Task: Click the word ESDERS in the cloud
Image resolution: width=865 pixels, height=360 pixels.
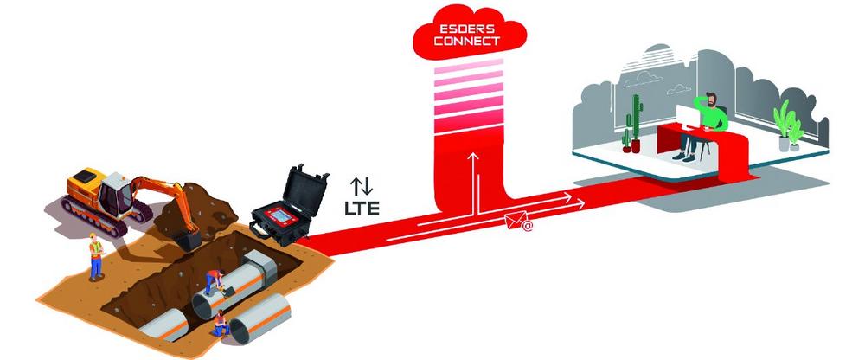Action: pos(470,29)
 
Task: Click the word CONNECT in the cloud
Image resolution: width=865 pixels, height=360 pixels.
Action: pos(466,41)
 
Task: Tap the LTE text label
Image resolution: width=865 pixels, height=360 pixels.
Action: pos(362,209)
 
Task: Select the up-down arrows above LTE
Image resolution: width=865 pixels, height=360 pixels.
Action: pos(362,187)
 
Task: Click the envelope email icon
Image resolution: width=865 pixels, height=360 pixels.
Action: pos(515,222)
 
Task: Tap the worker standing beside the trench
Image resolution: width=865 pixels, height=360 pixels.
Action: pos(96,255)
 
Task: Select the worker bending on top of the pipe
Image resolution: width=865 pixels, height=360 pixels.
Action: pos(214,281)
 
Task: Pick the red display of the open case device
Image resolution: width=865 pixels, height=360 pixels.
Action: pos(283,215)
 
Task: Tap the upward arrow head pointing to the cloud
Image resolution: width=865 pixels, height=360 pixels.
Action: pos(473,157)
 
